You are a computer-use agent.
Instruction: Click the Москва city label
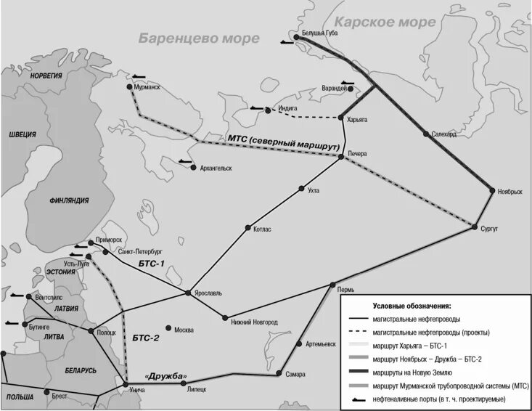tap(184, 330)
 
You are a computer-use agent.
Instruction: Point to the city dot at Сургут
tap(476, 227)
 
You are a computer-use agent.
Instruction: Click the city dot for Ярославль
tap(188, 293)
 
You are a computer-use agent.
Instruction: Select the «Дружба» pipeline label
tap(166, 375)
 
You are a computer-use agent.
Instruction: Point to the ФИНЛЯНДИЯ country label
tap(70, 201)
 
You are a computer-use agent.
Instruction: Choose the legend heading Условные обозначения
tap(412, 306)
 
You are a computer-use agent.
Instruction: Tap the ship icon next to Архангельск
tap(185, 161)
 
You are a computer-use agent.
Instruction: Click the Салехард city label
tap(443, 134)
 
